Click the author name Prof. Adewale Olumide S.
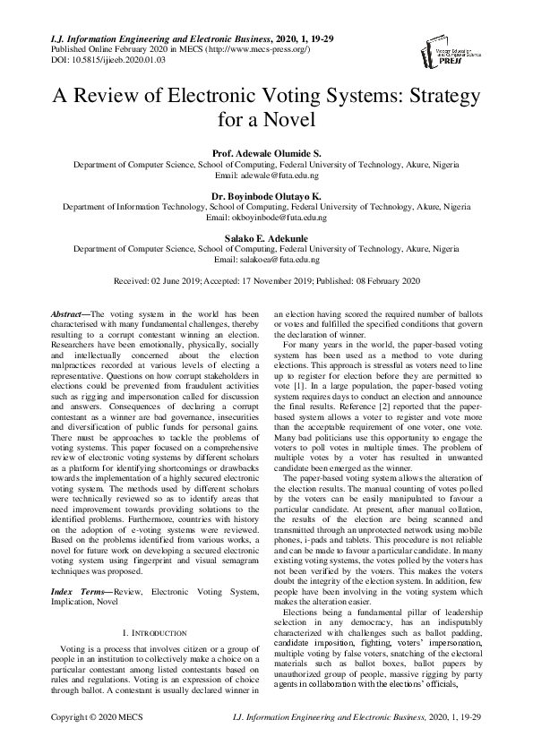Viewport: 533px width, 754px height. coord(266,154)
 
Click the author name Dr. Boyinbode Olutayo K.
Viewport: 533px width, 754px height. coord(266,194)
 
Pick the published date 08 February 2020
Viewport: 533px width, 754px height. coord(382,281)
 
